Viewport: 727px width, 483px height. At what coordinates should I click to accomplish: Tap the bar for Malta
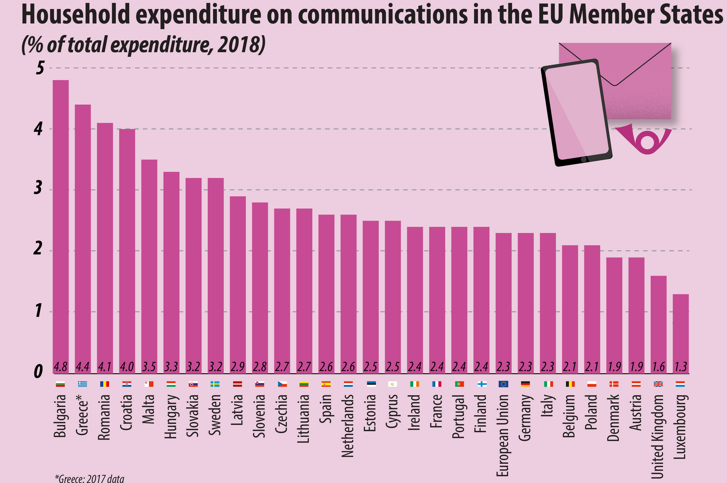point(149,266)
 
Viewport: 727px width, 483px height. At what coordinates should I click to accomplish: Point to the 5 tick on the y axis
point(40,69)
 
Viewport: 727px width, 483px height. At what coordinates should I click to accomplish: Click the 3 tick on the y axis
point(38,190)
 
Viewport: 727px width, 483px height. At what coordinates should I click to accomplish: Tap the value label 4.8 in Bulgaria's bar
point(61,367)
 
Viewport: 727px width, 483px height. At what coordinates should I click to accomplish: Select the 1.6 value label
point(659,367)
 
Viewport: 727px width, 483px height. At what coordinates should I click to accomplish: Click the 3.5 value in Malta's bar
point(149,367)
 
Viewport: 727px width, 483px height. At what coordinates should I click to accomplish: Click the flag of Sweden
point(215,384)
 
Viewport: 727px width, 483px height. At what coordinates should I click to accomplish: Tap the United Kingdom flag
point(659,384)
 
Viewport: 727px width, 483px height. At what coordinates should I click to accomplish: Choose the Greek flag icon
point(83,384)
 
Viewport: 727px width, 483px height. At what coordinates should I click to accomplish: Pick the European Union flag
point(504,384)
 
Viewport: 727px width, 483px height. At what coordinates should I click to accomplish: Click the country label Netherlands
point(348,426)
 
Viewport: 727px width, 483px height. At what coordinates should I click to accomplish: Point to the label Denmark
point(614,417)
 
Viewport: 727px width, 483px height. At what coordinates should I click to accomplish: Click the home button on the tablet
point(584,159)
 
